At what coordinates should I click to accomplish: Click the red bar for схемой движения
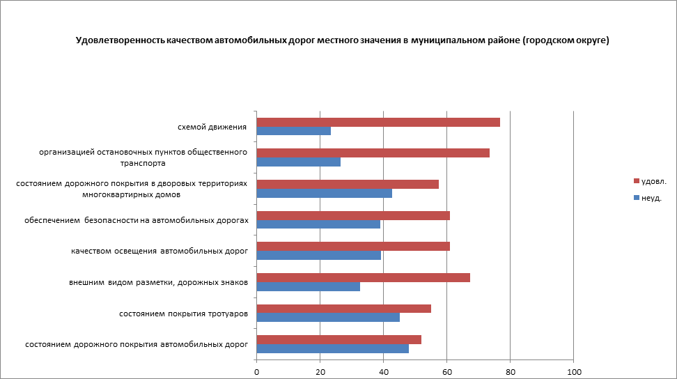tap(378, 123)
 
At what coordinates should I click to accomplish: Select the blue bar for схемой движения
tap(294, 131)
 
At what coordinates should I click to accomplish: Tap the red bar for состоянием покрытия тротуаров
tap(344, 309)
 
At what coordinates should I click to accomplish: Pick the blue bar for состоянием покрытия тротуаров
tap(328, 318)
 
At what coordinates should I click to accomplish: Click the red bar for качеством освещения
tap(353, 246)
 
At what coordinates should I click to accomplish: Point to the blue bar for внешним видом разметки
tap(309, 286)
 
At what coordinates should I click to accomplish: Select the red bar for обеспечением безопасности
tap(353, 215)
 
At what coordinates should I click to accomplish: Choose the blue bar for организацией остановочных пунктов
tap(299, 162)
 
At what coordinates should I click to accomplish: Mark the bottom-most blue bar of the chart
tap(333, 348)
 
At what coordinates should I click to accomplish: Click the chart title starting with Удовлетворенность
tap(343, 41)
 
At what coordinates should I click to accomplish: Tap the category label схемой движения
tap(212, 127)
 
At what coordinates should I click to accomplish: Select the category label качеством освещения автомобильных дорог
tap(159, 251)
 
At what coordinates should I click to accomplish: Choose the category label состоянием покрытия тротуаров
tap(184, 314)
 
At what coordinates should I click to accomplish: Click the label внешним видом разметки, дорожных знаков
tap(158, 282)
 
